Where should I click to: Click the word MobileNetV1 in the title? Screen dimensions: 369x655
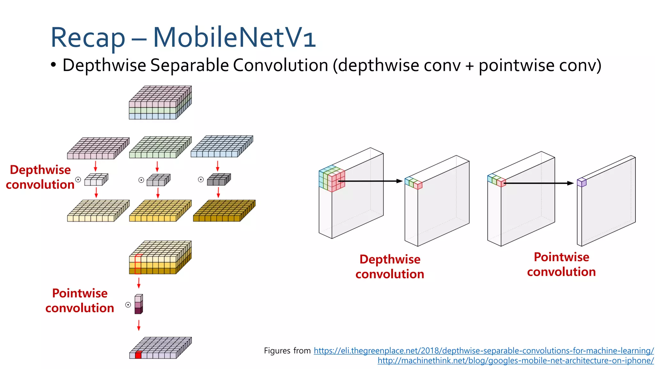click(234, 37)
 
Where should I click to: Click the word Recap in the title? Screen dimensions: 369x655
click(88, 38)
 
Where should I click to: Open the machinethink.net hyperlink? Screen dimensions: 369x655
click(516, 361)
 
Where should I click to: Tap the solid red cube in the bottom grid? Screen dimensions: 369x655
click(138, 355)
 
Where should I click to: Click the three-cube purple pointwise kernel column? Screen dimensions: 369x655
click(138, 304)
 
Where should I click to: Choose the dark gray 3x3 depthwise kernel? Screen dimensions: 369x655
click(219, 180)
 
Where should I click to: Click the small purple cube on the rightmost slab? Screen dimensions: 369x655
click(581, 182)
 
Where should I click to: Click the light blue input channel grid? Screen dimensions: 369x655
click(222, 146)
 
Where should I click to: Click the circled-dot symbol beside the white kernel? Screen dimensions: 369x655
click(78, 179)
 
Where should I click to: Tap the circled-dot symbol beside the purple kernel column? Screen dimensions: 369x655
click(128, 305)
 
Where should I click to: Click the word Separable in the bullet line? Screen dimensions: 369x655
click(189, 65)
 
